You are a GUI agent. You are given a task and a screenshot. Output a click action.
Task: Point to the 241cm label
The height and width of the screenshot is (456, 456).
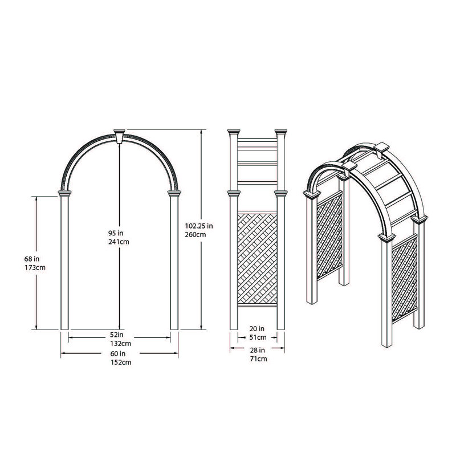coord(119,241)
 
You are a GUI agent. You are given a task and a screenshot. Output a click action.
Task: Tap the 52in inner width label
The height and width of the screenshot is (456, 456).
coord(119,335)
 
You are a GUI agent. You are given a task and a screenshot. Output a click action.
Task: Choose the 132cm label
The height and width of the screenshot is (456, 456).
coord(120,344)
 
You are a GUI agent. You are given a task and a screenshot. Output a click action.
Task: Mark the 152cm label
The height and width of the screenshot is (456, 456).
coord(120,363)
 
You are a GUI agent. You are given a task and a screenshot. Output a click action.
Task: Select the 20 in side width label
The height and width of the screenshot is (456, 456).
coord(257,329)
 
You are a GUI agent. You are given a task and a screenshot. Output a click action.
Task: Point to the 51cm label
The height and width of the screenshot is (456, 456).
coord(257,337)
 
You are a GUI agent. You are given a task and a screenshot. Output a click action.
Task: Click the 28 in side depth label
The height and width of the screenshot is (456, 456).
coord(257,350)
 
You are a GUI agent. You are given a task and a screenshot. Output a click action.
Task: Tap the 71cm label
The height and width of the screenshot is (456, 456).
coord(257,359)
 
